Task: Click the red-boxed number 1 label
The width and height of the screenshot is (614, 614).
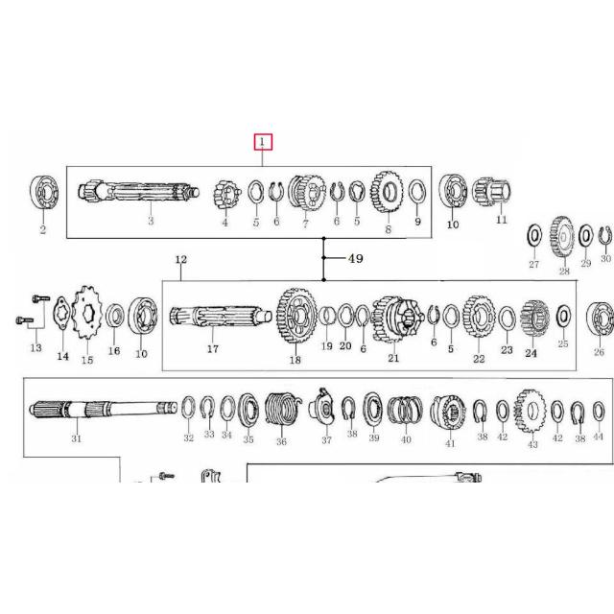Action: (x=263, y=142)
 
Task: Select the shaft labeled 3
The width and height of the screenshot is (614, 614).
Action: (x=139, y=192)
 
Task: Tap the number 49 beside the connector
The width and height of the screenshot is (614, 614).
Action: (x=356, y=258)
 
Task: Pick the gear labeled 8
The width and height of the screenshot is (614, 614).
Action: (x=387, y=192)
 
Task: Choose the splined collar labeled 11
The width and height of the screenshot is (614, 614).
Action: (x=491, y=192)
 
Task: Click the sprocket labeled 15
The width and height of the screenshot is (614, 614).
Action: (x=87, y=313)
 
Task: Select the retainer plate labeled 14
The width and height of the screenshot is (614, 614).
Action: (x=61, y=314)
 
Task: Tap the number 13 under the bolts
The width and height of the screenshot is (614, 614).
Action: (x=35, y=347)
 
